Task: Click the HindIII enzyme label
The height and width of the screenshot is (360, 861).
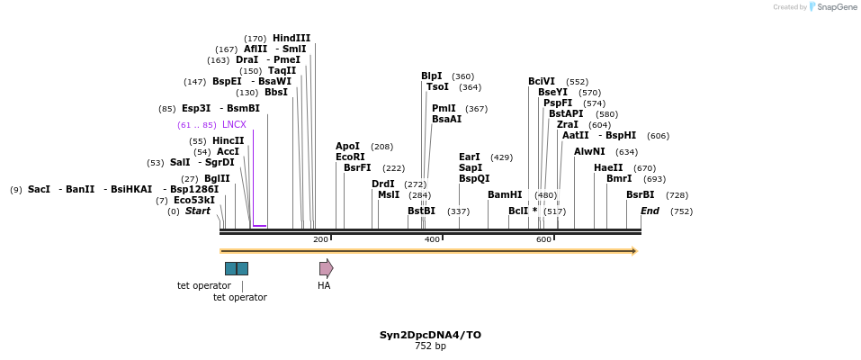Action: point(291,39)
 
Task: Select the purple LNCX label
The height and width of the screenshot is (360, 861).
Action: point(234,125)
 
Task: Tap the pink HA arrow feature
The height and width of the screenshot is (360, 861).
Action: point(326,268)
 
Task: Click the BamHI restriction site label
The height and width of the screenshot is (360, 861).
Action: point(505,195)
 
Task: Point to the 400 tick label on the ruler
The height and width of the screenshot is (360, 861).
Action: point(432,239)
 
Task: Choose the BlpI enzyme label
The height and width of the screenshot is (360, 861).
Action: point(432,76)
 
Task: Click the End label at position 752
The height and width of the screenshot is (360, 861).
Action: point(650,211)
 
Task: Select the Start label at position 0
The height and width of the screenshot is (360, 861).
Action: point(198,211)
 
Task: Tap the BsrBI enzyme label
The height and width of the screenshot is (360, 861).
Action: point(641,195)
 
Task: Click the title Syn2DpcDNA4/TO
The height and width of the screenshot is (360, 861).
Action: point(430,335)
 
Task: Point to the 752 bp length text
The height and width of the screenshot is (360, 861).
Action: point(430,346)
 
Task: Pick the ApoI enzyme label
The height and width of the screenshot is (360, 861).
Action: point(347,147)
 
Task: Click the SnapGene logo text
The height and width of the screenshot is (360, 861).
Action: point(838,7)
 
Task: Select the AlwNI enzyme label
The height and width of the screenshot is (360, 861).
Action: point(589,152)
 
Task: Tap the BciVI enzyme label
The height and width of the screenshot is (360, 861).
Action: point(542,82)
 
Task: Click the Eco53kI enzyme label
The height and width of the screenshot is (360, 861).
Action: point(194,201)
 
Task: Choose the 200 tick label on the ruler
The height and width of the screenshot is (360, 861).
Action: point(320,239)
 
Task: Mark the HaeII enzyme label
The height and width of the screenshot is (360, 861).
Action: point(608,168)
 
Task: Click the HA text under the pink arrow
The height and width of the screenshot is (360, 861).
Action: point(324,286)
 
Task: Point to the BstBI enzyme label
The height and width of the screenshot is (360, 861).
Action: point(421,211)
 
